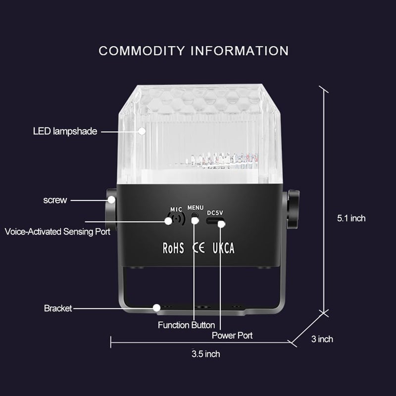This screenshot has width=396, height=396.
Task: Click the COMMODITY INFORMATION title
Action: pyautogui.click(x=194, y=51)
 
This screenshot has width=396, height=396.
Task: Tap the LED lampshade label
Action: pyautogui.click(x=65, y=131)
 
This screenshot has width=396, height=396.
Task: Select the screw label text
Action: pyautogui.click(x=55, y=200)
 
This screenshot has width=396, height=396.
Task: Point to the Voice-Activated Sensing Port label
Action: pyautogui.click(x=57, y=232)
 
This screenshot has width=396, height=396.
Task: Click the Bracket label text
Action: pyautogui.click(x=58, y=308)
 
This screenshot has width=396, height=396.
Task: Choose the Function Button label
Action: pyautogui.click(x=187, y=325)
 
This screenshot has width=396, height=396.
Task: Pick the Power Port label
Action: pyautogui.click(x=232, y=336)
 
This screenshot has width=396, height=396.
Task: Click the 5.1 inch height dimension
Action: pyautogui.click(x=351, y=218)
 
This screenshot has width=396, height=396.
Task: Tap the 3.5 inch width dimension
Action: pyautogui.click(x=205, y=354)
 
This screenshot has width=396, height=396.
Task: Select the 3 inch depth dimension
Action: pyautogui.click(x=322, y=339)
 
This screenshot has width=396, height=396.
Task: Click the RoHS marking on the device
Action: pyautogui.click(x=173, y=248)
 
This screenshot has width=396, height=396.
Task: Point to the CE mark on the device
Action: pyautogui.click(x=198, y=248)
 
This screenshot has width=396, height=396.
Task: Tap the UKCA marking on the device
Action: pyautogui.click(x=224, y=248)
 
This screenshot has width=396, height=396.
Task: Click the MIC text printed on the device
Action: pyautogui.click(x=176, y=209)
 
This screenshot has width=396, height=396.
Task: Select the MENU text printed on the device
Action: pyautogui.click(x=195, y=207)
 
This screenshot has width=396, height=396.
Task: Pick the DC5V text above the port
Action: pyautogui.click(x=215, y=213)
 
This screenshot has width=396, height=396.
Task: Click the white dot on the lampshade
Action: pyautogui.click(x=142, y=131)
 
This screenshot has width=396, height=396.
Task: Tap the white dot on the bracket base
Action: pyautogui.click(x=156, y=308)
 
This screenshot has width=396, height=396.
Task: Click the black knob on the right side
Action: pyautogui.click(x=293, y=209)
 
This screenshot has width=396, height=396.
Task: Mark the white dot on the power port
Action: pyautogui.click(x=221, y=224)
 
